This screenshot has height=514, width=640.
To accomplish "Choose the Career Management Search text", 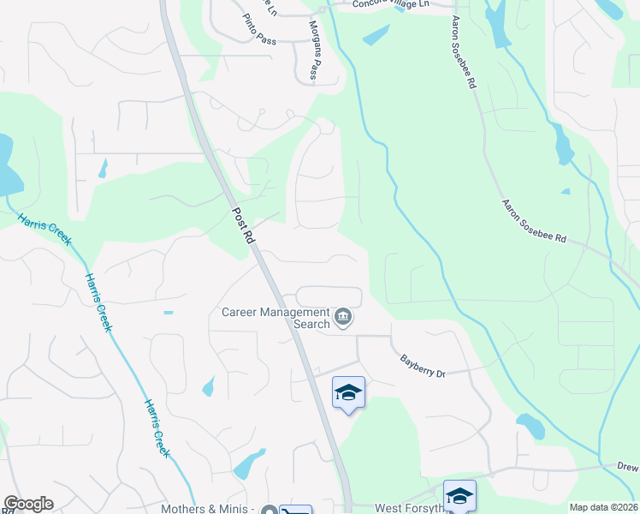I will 276,318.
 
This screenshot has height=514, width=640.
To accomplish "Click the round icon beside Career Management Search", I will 343,318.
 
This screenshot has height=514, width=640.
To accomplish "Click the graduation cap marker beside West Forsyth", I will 459,496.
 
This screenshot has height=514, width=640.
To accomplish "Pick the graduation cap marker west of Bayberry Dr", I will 348,392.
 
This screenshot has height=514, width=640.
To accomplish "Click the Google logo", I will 28,504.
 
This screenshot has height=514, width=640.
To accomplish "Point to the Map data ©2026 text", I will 603,507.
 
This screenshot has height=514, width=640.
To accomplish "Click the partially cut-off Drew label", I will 628,466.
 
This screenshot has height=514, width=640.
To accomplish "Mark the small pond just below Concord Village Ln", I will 376,35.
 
